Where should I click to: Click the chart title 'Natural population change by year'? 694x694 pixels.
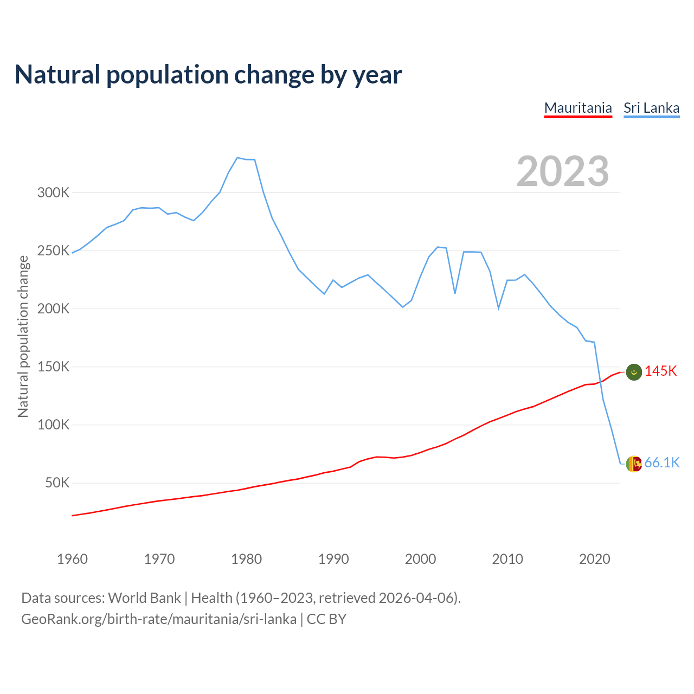(x=208, y=75)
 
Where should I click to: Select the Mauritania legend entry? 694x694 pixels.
(x=578, y=108)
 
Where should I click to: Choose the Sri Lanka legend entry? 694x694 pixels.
(x=651, y=108)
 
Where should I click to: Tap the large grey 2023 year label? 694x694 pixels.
(x=563, y=171)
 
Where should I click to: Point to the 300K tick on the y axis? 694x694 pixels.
(x=53, y=192)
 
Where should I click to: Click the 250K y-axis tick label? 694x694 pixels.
(x=53, y=250)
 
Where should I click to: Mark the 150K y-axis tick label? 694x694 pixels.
(x=53, y=367)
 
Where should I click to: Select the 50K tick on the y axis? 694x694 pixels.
(x=57, y=483)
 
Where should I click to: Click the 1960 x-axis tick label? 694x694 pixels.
(x=72, y=559)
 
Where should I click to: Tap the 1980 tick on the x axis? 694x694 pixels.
(x=246, y=559)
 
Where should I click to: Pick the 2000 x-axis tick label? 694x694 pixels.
(x=420, y=559)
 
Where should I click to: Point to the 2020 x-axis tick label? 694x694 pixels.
(x=594, y=559)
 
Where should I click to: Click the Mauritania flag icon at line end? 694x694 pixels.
(x=634, y=372)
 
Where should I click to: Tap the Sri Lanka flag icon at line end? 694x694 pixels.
(x=634, y=464)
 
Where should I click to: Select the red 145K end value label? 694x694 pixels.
(x=660, y=371)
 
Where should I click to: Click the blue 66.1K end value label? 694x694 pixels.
(x=661, y=462)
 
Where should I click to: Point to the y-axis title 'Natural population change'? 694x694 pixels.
(x=23, y=336)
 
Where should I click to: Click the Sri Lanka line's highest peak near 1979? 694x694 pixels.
(x=237, y=158)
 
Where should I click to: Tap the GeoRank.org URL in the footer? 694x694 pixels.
(x=159, y=619)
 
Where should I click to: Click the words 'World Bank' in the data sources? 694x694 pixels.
(x=144, y=598)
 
